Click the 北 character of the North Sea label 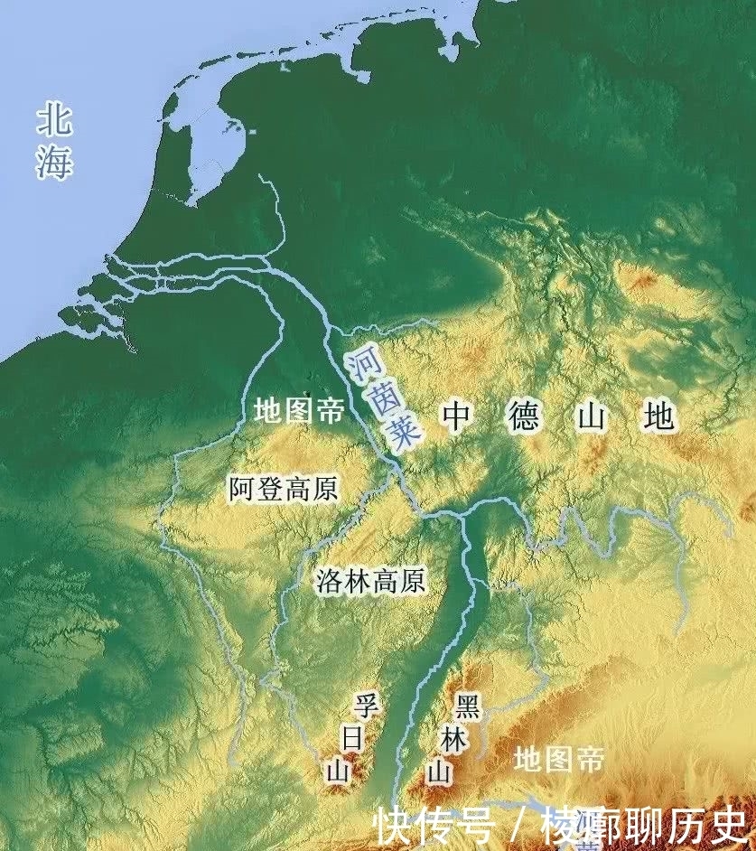click(x=54, y=120)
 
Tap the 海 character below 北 click(x=54, y=163)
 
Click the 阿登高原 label click(x=283, y=490)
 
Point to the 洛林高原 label click(x=371, y=580)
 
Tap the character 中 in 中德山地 click(x=457, y=416)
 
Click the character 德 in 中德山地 click(x=524, y=416)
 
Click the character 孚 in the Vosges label click(x=364, y=706)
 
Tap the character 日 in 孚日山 click(x=352, y=738)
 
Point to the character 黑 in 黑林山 click(x=468, y=706)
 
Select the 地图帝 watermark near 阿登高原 click(x=298, y=413)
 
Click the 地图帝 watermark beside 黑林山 click(x=558, y=759)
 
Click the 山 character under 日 click(x=339, y=771)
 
